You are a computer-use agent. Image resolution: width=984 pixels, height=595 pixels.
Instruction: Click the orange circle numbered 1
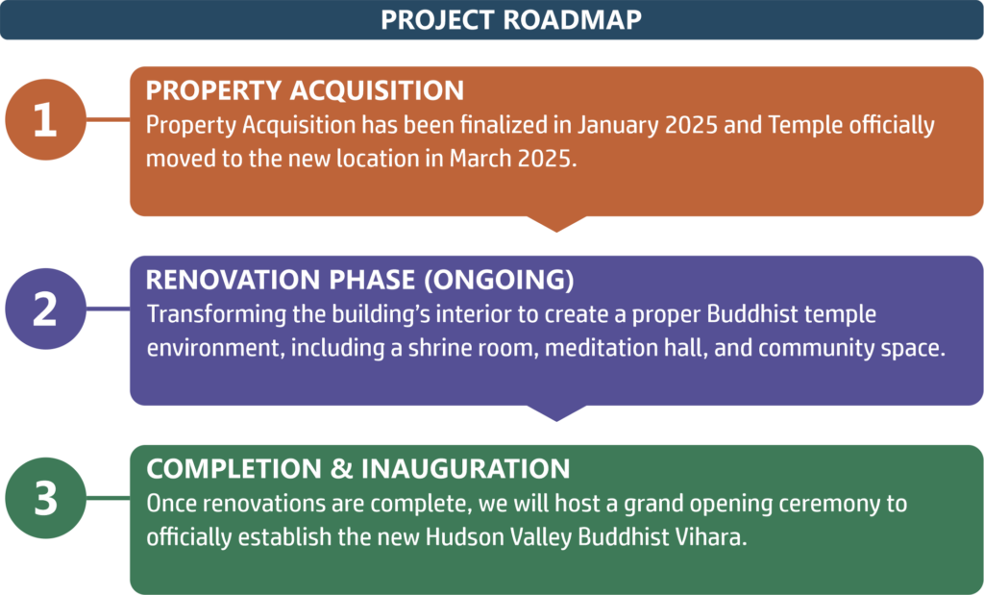point(46,119)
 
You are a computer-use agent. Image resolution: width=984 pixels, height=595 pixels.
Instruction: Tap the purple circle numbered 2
point(46,309)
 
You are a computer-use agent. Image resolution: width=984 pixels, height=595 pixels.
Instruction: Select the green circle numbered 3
point(46,498)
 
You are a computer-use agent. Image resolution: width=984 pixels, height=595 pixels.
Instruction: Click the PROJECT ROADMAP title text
point(511,19)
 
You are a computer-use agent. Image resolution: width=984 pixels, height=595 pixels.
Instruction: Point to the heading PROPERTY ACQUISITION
point(305,90)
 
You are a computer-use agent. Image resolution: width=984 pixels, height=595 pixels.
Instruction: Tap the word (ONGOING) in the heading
point(499,280)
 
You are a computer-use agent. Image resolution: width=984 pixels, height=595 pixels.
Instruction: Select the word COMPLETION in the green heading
point(234,469)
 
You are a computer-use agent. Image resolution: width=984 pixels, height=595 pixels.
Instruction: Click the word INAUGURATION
point(466,469)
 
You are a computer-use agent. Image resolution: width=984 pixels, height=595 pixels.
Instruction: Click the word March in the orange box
point(480,159)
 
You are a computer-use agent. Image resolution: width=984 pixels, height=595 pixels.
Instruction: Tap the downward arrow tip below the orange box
point(556,232)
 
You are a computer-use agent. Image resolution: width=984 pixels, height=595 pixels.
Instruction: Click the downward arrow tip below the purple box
point(556,420)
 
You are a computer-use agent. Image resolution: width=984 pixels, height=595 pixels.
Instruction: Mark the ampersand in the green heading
point(341,469)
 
